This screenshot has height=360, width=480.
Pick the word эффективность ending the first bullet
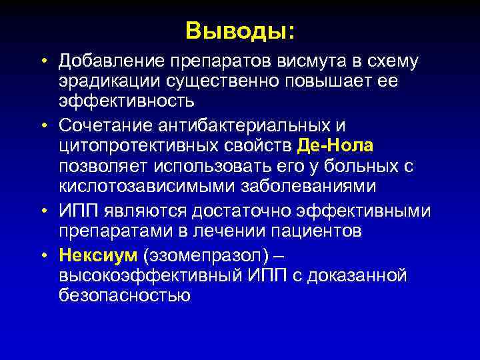125,102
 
